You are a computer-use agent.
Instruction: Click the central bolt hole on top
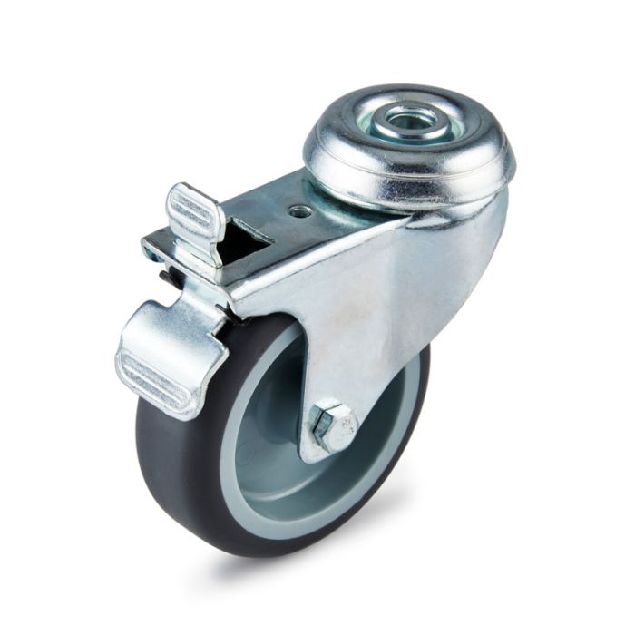click(411, 119)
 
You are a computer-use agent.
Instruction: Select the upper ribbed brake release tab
click(194, 218)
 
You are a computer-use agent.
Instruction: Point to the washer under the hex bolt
click(317, 440)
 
